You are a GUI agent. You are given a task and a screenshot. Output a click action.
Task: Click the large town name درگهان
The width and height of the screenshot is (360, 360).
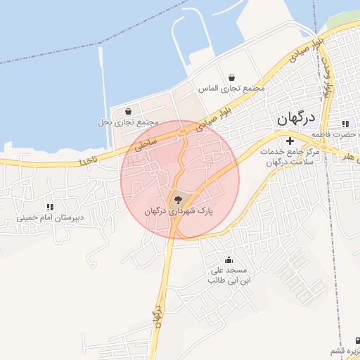click(296, 120)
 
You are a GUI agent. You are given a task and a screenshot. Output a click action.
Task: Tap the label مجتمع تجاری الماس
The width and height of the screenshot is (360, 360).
click(231, 89)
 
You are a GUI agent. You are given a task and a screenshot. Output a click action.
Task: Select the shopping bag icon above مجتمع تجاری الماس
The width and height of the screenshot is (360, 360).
click(231, 78)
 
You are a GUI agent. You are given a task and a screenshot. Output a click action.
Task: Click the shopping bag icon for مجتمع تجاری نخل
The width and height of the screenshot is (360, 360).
click(127, 111)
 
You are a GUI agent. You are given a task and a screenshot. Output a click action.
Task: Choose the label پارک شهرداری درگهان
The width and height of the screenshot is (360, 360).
click(178, 211)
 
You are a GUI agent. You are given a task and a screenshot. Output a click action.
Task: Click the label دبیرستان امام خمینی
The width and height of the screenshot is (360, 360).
click(51, 218)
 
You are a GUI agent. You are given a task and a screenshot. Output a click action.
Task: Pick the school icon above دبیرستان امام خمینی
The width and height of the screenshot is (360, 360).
click(50, 207)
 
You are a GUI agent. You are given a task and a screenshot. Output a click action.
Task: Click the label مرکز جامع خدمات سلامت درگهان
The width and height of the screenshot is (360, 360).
click(289, 157)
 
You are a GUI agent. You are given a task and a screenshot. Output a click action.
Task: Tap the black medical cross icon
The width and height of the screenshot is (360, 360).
click(289, 141)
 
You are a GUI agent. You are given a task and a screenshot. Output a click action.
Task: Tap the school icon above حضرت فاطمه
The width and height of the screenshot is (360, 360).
click(345, 124)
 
